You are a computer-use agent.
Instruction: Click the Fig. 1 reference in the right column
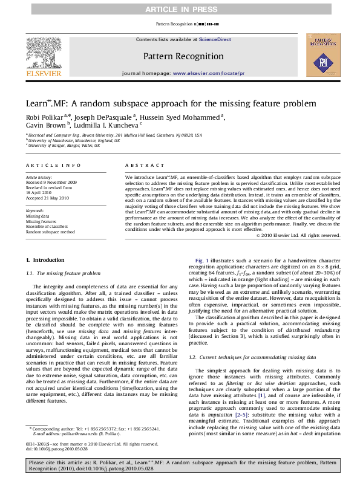tap(200, 259)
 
